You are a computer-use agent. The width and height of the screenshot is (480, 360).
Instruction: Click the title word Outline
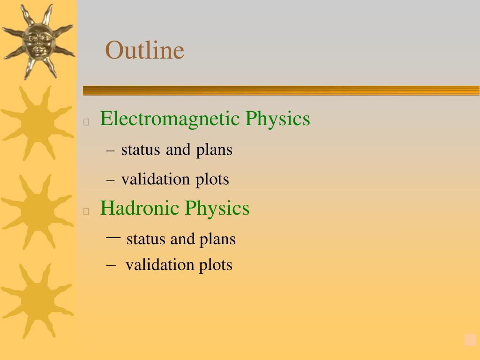click(144, 50)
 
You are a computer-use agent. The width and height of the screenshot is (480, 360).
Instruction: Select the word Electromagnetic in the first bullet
click(170, 119)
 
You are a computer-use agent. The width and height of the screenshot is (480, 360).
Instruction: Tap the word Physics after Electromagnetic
click(277, 119)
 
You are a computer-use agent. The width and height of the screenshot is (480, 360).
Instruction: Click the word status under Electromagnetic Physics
click(141, 150)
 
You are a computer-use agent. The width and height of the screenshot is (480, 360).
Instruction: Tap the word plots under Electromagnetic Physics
click(212, 180)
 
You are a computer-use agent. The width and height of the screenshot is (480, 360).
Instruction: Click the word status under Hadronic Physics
click(145, 239)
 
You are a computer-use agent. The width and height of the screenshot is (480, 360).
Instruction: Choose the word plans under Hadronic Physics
click(217, 240)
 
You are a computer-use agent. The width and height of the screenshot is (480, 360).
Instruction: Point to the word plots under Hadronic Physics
click(216, 265)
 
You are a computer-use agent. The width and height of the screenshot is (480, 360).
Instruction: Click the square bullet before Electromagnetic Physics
click(86, 122)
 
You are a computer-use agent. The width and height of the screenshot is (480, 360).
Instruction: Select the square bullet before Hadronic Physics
click(86, 211)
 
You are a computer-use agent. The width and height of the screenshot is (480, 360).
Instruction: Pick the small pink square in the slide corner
click(470, 340)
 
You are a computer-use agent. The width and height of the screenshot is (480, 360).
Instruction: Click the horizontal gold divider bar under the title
click(281, 91)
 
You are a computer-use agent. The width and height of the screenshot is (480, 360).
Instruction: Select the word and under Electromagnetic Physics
click(178, 150)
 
